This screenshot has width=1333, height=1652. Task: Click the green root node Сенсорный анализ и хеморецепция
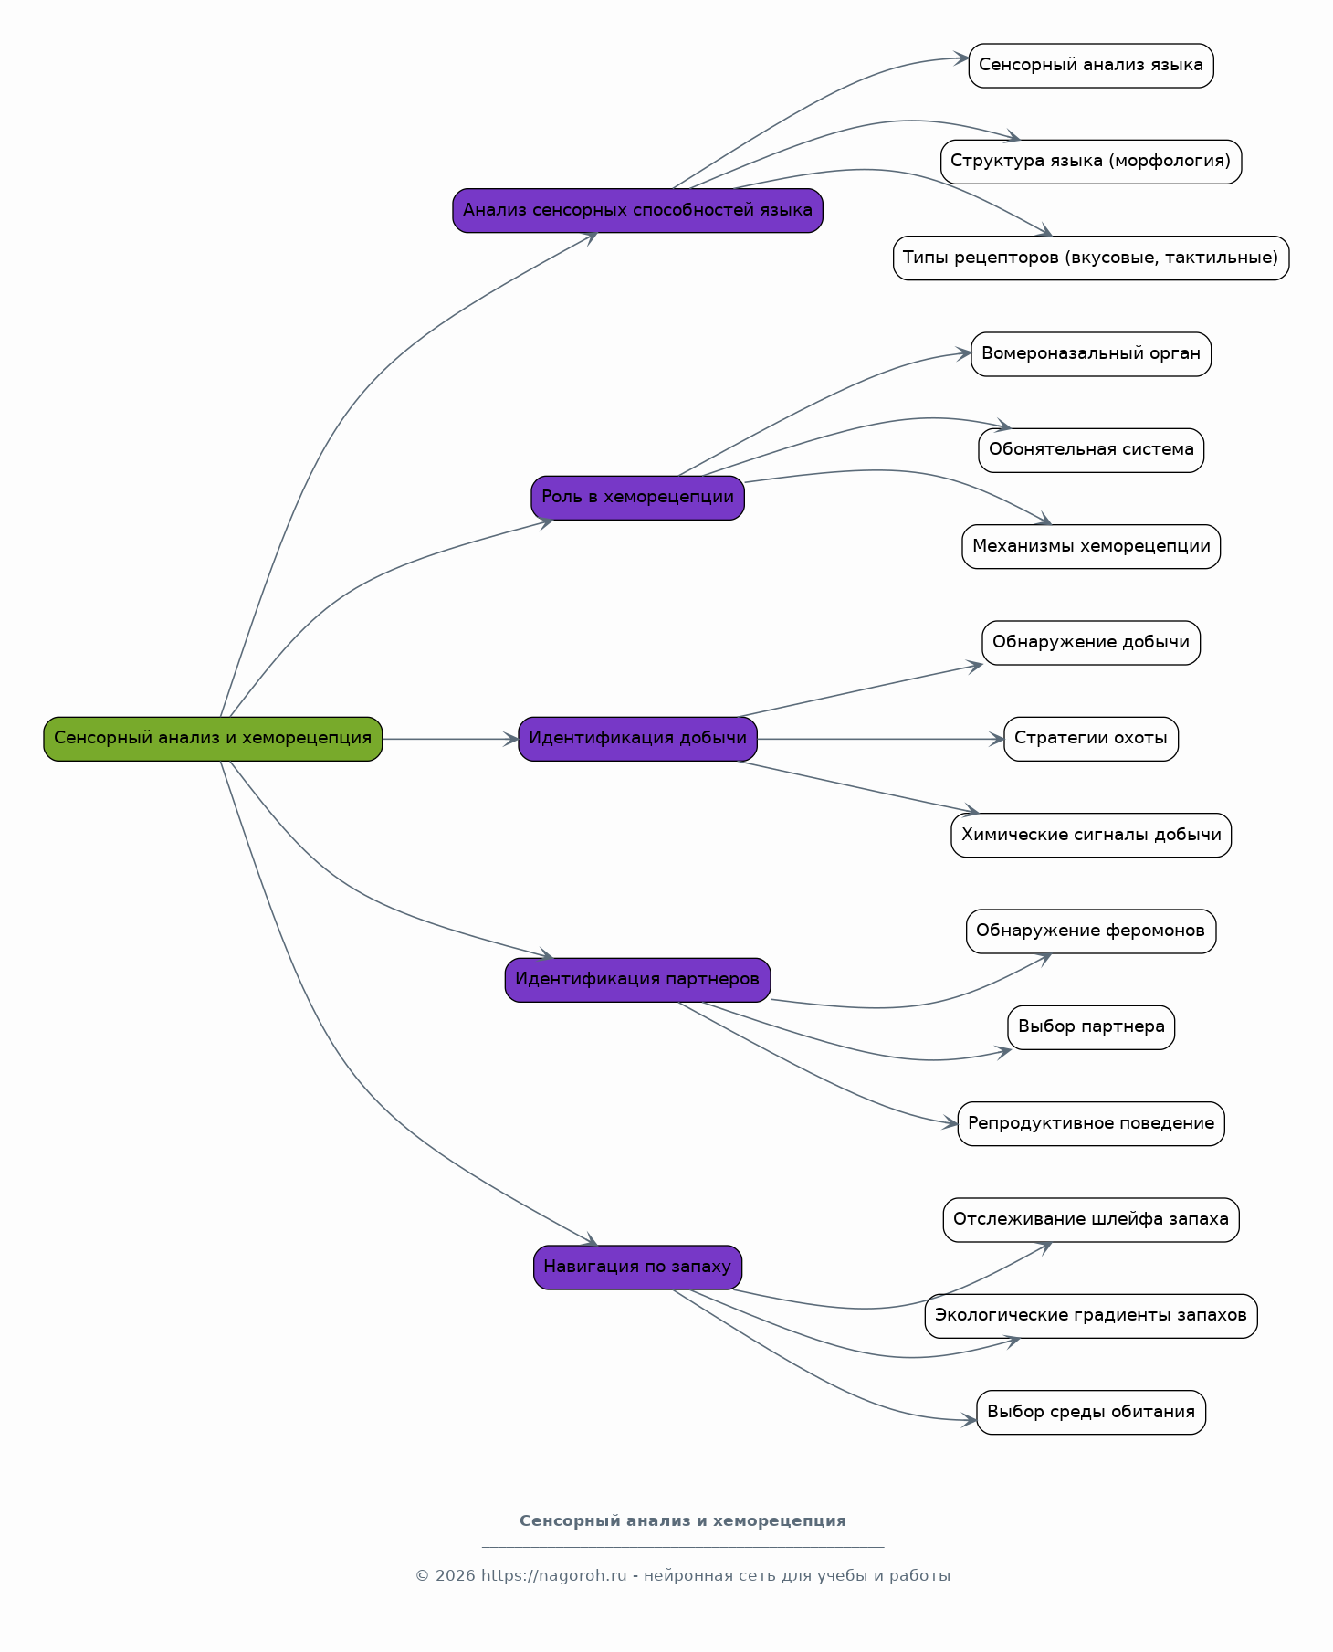(213, 739)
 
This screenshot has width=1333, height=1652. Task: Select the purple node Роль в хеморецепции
(637, 498)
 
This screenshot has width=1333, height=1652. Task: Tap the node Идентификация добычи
(637, 739)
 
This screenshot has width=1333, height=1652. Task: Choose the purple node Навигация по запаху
(637, 1268)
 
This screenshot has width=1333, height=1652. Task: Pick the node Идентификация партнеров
(637, 980)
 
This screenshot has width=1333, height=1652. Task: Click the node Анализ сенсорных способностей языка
(637, 210)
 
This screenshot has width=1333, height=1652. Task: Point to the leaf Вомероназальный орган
(1091, 354)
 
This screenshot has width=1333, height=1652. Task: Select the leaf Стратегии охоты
(1091, 739)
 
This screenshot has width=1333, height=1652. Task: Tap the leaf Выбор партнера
(1091, 1027)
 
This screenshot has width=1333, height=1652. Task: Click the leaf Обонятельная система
(1091, 450)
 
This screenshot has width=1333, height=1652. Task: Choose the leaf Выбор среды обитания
(1091, 1413)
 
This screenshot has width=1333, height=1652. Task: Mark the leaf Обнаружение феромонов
(1091, 931)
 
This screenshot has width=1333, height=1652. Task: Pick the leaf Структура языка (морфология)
(1091, 162)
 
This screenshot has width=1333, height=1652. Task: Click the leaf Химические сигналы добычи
(1091, 836)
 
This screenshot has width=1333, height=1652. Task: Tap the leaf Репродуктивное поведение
(1091, 1124)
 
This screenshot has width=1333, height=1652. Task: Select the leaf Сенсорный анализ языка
(1091, 66)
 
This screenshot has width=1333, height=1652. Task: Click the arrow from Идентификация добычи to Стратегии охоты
(881, 739)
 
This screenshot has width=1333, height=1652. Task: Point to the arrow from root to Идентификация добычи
(450, 739)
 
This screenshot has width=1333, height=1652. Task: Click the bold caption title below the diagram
(683, 1521)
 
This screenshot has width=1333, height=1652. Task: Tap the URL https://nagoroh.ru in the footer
(554, 1576)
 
